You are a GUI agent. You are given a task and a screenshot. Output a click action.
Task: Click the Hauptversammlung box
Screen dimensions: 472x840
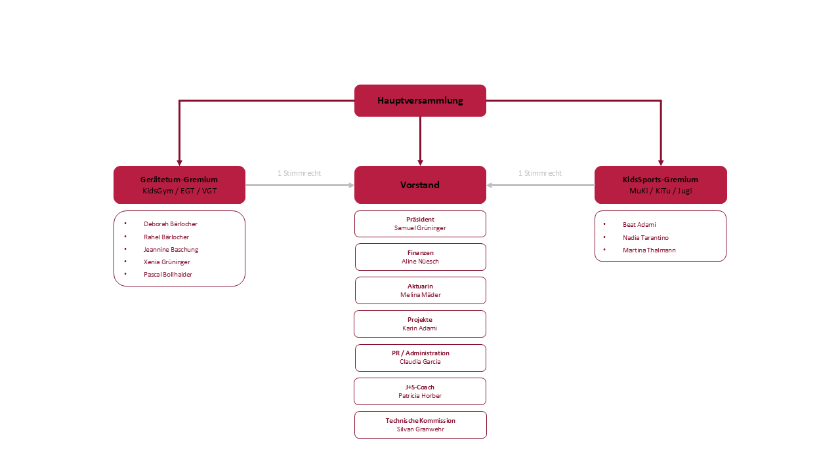pyautogui.click(x=420, y=100)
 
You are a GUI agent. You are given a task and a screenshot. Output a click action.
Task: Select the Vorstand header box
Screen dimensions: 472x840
pyautogui.click(x=420, y=185)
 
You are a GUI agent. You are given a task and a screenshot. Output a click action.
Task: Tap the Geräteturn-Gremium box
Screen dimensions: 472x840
pyautogui.click(x=179, y=185)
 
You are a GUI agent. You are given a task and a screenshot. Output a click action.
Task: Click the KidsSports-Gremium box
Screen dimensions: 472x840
pyautogui.click(x=660, y=185)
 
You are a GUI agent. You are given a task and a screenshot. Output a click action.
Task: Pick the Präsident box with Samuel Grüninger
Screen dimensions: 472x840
pyautogui.click(x=420, y=224)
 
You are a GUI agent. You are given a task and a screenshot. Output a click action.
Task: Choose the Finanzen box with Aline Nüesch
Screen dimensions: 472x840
pyautogui.click(x=420, y=257)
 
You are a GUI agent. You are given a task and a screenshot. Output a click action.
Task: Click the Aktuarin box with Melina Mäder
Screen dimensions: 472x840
pyautogui.click(x=420, y=290)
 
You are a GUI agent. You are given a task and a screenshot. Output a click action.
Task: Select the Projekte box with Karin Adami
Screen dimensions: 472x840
pyautogui.click(x=420, y=324)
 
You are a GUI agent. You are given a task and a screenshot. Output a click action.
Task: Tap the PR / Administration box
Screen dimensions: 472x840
pyautogui.click(x=420, y=357)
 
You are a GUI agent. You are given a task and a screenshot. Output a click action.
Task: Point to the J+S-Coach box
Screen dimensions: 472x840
pyautogui.click(x=420, y=391)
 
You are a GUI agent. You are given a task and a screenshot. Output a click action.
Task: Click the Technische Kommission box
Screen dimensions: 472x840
pyautogui.click(x=420, y=425)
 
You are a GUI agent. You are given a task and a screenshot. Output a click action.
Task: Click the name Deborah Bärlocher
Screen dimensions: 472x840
pyautogui.click(x=171, y=224)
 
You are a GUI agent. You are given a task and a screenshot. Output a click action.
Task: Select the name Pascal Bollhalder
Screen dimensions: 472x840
pyautogui.click(x=168, y=275)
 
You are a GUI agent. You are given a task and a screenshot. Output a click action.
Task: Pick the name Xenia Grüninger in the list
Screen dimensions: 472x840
pyautogui.click(x=167, y=262)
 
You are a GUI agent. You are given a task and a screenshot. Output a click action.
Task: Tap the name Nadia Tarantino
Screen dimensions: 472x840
pyautogui.click(x=646, y=238)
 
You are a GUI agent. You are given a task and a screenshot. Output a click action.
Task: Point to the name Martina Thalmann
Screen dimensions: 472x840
pyautogui.click(x=649, y=250)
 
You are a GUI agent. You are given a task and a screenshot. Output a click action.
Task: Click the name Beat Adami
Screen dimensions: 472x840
pyautogui.click(x=639, y=225)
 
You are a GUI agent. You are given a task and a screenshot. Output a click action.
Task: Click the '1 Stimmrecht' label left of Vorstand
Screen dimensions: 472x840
pyautogui.click(x=299, y=174)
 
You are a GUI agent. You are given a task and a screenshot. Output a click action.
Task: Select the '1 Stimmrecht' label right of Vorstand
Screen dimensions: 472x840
pyautogui.click(x=540, y=174)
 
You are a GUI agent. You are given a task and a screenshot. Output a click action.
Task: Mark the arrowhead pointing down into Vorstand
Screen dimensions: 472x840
pyautogui.click(x=420, y=162)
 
